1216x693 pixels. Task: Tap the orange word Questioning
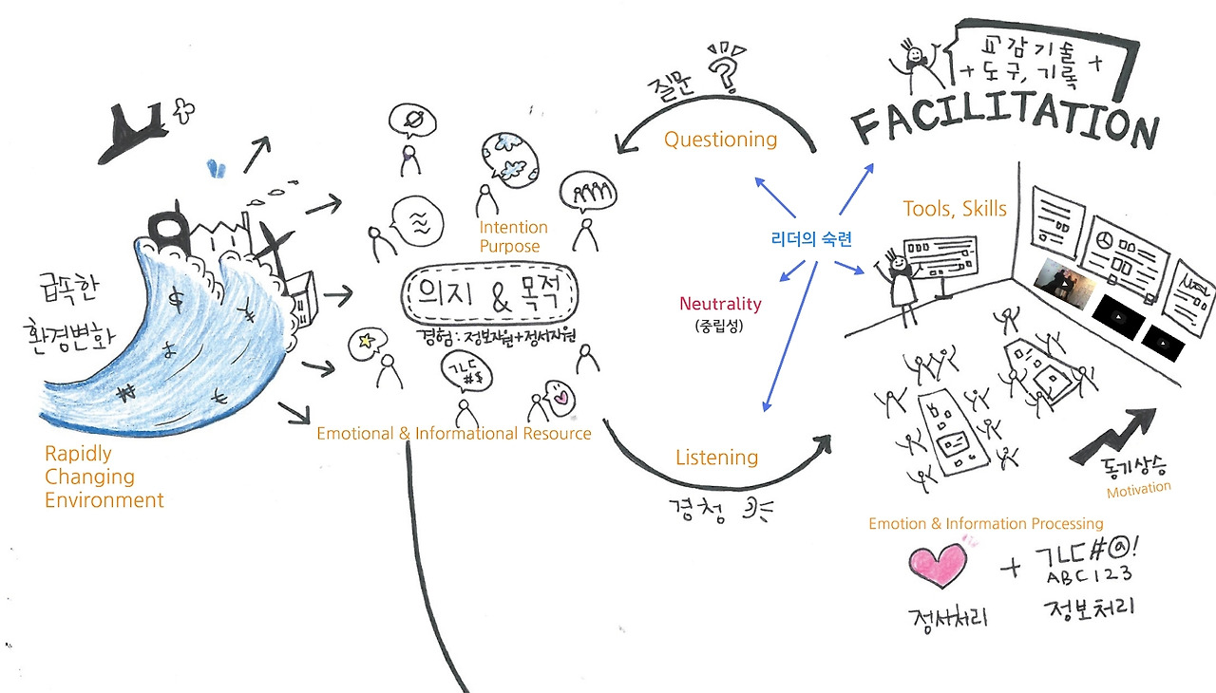coord(720,140)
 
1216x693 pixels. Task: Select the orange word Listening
coord(716,458)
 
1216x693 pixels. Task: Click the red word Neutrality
coord(720,304)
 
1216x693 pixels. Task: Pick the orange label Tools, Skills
coord(954,209)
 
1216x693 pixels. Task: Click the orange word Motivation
coord(1138,489)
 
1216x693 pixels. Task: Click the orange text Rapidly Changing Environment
coord(104,477)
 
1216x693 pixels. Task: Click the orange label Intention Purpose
coord(513,236)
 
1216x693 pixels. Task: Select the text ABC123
coord(1090,576)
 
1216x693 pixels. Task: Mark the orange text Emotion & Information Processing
coord(986,523)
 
